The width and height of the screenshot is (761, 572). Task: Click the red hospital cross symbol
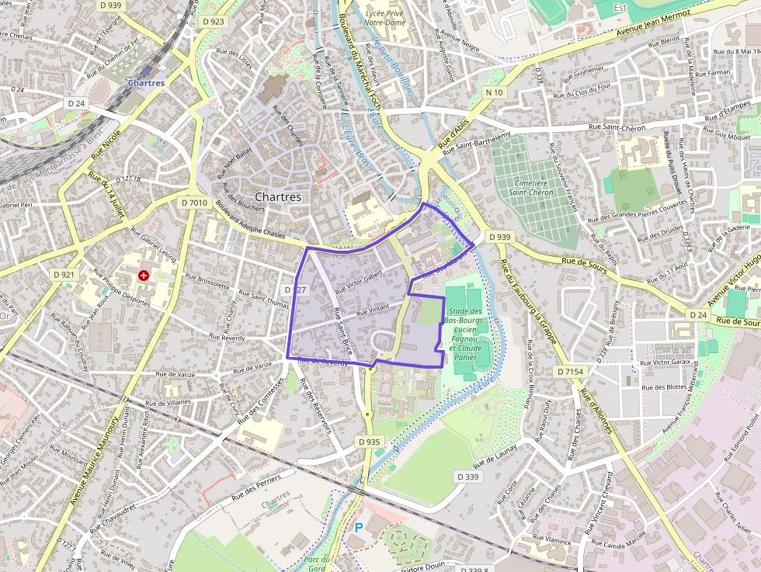143,276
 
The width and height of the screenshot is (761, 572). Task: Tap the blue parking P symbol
359,527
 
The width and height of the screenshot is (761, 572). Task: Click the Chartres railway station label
146,83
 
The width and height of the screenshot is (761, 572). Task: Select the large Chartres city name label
278,197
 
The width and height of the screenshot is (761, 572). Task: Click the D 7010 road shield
194,203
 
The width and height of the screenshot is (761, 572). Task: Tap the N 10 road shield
494,92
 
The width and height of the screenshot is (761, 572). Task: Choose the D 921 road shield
64,275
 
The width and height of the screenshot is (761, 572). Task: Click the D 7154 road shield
569,372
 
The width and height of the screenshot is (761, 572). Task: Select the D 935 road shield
370,442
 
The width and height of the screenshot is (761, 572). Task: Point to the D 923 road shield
213,22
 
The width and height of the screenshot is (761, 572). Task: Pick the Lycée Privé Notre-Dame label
385,17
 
